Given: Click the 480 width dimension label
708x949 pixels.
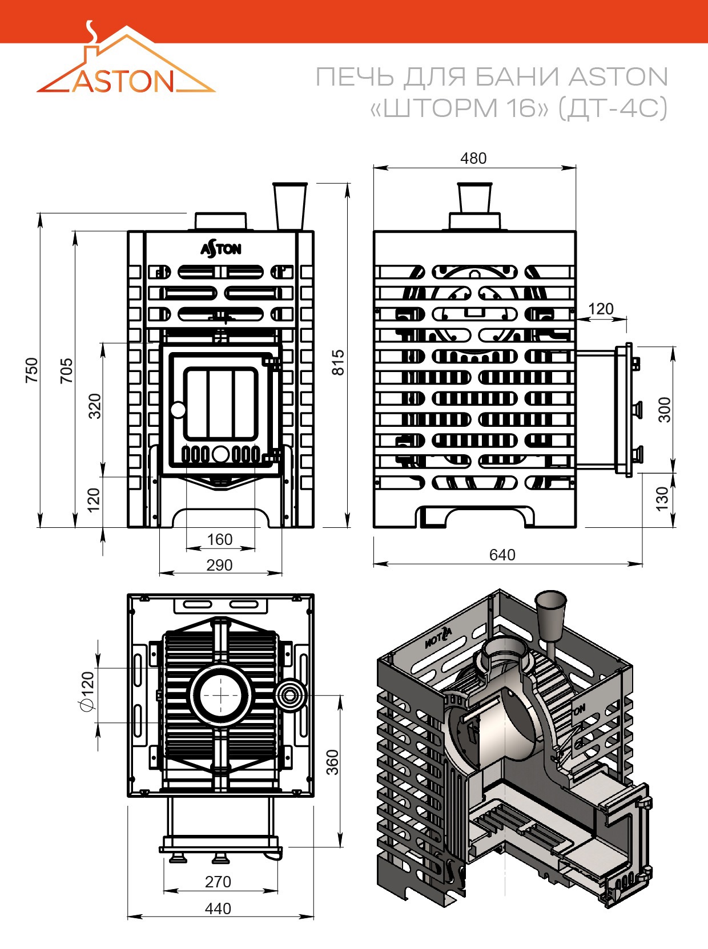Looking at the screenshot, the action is pyautogui.click(x=473, y=159).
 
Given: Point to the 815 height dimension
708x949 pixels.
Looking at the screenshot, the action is pyautogui.click(x=339, y=362).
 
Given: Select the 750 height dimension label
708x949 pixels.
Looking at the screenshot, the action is pyautogui.click(x=32, y=370).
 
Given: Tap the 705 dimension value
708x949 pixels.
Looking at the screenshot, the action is pyautogui.click(x=66, y=370).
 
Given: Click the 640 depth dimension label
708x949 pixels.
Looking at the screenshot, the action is pyautogui.click(x=502, y=555).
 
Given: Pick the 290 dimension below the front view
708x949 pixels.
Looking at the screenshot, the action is pyautogui.click(x=219, y=565).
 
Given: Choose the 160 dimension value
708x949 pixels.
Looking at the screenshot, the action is pyautogui.click(x=220, y=540).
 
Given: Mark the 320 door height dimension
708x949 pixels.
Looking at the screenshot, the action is pyautogui.click(x=95, y=406).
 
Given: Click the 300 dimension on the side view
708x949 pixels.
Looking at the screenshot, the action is pyautogui.click(x=664, y=409).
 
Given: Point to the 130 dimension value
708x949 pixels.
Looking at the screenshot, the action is pyautogui.click(x=662, y=499).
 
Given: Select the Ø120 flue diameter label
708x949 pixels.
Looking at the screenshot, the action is pyautogui.click(x=87, y=691).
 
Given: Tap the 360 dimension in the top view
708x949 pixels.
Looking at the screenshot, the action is pyautogui.click(x=333, y=762).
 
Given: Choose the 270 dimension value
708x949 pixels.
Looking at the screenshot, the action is pyautogui.click(x=218, y=882).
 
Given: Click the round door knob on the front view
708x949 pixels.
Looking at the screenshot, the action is pyautogui.click(x=178, y=409).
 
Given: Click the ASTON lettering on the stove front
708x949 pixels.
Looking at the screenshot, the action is pyautogui.click(x=220, y=249).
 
